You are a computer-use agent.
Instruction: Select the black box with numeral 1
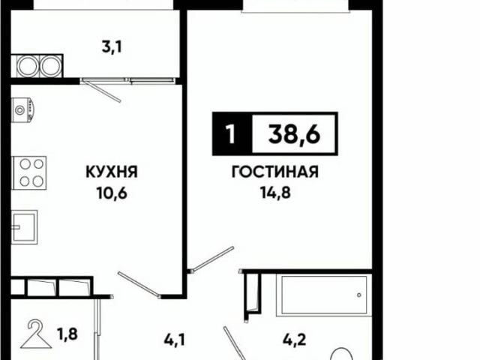pos(229,135)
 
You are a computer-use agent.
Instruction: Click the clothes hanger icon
pos(34,335)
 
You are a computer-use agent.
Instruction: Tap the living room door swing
pos(209,259)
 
